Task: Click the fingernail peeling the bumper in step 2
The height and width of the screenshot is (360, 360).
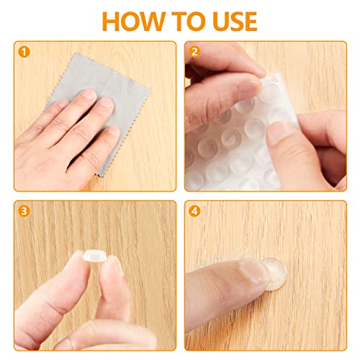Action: pos(248,88)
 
